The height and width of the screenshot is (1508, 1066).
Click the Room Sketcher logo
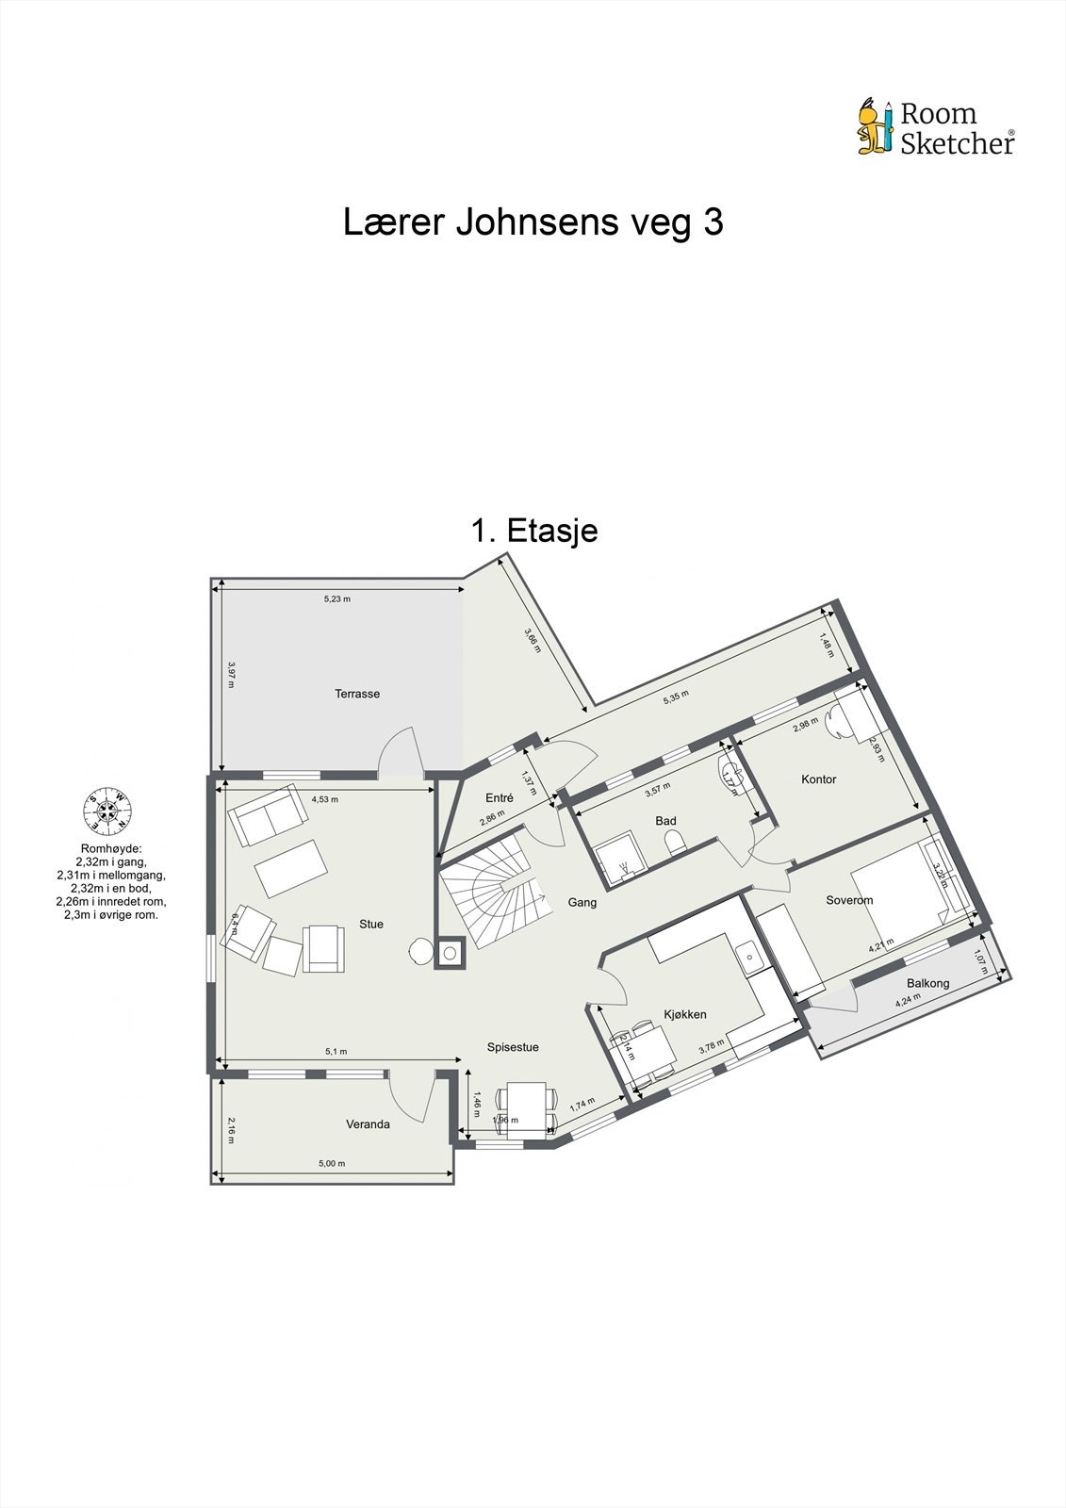coord(935,127)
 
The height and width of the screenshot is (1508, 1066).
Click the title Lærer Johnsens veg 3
coord(533,223)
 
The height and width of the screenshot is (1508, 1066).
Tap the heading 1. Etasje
coord(533,531)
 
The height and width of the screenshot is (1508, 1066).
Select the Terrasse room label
coord(357,694)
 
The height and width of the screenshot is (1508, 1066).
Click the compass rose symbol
coord(107,811)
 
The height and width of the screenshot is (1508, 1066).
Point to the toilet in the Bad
coord(672,843)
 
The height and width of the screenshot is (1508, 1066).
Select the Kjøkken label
coord(685,1014)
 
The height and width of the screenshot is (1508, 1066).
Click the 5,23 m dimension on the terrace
coord(336,598)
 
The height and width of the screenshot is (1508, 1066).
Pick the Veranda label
coord(368,1124)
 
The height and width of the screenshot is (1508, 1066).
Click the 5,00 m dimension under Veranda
coord(332,1163)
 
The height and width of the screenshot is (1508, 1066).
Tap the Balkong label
coord(927,983)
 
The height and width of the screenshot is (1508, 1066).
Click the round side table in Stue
coord(419,952)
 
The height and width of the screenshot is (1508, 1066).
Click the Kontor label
coord(818,779)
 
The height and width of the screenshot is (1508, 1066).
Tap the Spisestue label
coord(513,1047)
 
